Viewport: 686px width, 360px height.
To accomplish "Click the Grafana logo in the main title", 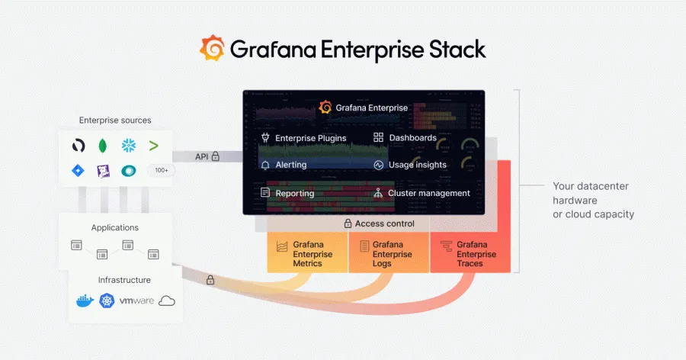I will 213,49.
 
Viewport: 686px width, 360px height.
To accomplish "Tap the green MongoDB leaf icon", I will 103,145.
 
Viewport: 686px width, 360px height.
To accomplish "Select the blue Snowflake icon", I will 128,145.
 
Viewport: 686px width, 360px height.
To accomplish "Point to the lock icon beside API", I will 216,156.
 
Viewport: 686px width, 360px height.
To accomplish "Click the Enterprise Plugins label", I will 310,138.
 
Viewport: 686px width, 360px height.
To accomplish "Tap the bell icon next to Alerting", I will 265,165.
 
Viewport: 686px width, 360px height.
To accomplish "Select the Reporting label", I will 294,193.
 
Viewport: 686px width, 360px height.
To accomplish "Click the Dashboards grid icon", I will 378,138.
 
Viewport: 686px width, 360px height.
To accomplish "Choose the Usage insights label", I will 418,165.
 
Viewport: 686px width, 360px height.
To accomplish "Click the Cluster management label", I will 429,193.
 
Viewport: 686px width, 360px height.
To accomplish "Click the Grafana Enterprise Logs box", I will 389,254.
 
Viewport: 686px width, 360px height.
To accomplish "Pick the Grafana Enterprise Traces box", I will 470,254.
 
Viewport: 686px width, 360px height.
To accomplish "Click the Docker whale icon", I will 85,301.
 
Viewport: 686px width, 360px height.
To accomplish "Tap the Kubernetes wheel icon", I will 106,301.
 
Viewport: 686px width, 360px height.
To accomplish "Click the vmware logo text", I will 136,301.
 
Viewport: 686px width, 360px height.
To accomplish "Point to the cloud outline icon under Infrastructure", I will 166,301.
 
